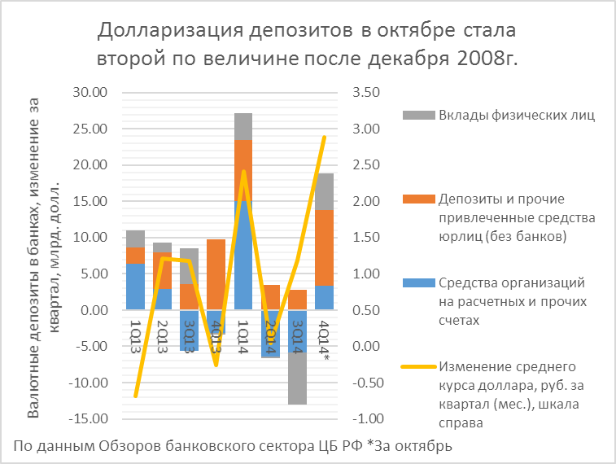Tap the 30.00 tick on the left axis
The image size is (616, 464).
coord(90,93)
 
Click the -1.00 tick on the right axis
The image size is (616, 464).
coord(366,419)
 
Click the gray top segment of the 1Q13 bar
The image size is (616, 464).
coord(136,239)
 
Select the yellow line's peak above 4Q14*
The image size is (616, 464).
coord(324,137)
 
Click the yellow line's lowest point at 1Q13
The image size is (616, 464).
coord(136,396)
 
